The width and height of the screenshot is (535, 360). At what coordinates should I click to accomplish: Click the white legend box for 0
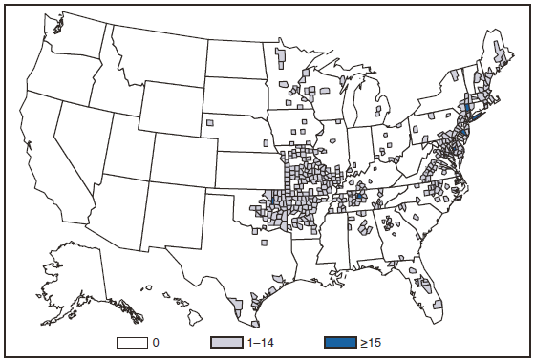click(133, 339)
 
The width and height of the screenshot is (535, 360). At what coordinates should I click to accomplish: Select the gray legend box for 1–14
click(226, 339)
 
